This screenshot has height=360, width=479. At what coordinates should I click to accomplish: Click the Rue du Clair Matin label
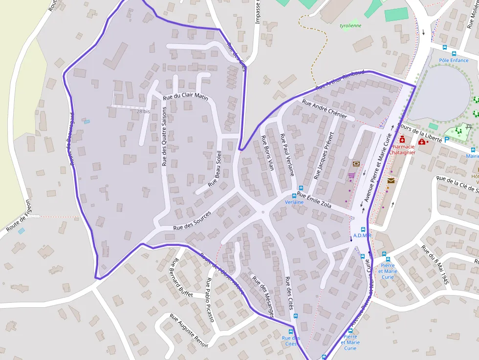coord(186,97)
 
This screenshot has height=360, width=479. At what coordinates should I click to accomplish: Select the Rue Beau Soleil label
coord(216,170)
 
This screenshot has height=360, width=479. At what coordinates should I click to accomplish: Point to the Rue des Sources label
coord(192,220)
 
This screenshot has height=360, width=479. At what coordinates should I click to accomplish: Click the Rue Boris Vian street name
coord(267,153)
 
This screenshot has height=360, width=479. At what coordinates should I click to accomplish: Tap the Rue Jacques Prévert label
coord(325,155)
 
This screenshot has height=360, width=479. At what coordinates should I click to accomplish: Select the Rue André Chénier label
coord(325,109)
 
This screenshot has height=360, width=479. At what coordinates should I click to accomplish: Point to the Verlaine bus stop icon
coord(294,195)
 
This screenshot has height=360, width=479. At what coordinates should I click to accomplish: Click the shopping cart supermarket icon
coord(351,175)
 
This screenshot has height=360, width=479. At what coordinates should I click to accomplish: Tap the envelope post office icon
coord(391,181)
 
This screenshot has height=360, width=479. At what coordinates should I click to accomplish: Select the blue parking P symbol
coord(446,139)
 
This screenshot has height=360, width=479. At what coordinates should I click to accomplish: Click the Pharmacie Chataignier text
coord(404,149)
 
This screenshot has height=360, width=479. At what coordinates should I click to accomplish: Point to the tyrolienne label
coord(350,26)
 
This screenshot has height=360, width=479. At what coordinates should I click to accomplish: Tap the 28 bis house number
coord(143,111)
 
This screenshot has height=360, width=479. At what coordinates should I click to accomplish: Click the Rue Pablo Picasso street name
coord(210,299)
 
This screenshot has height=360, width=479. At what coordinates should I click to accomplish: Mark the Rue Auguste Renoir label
coord(189,331)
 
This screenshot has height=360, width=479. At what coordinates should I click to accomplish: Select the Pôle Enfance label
coord(454,60)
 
